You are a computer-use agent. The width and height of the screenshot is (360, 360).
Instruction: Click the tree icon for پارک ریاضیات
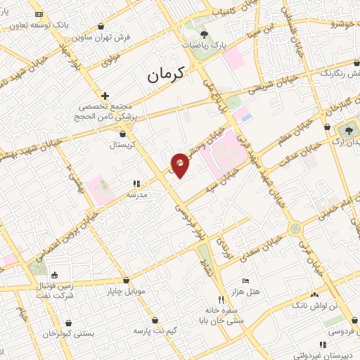(x=204, y=34)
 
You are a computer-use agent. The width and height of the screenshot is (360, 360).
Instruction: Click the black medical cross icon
(x=105, y=95)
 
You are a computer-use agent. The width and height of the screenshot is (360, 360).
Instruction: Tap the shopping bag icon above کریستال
(x=124, y=134)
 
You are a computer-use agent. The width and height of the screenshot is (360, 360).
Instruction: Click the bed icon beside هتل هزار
(x=245, y=280)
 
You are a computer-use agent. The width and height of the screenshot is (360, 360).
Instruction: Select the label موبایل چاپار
(x=126, y=290)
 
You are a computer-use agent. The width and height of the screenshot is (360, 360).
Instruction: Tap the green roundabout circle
(x=295, y=228)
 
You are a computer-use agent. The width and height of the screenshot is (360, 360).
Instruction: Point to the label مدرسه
(x=135, y=194)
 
